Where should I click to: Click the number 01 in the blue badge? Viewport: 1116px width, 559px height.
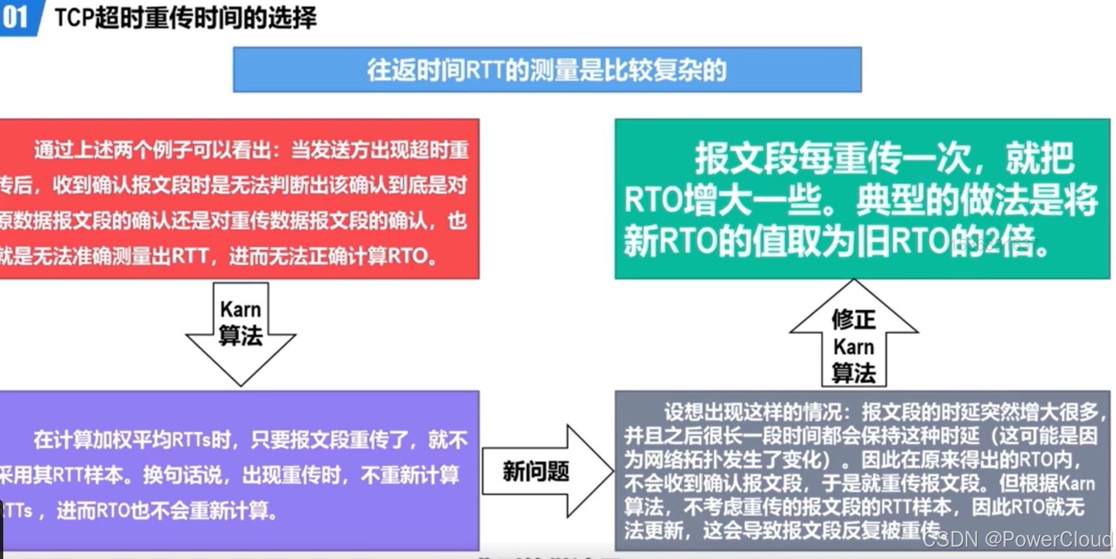(x=15, y=17)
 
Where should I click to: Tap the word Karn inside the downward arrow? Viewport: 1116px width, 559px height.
(x=240, y=309)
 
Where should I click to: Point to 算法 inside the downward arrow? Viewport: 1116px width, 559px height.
(x=240, y=336)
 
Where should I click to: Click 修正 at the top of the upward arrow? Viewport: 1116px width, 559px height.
(x=854, y=319)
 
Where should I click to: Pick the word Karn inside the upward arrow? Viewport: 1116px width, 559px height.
(x=854, y=347)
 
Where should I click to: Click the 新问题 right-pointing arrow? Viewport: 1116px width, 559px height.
(x=536, y=471)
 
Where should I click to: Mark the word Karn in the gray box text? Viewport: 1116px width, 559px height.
(x=1076, y=483)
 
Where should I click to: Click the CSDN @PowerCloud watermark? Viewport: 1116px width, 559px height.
(x=1017, y=539)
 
